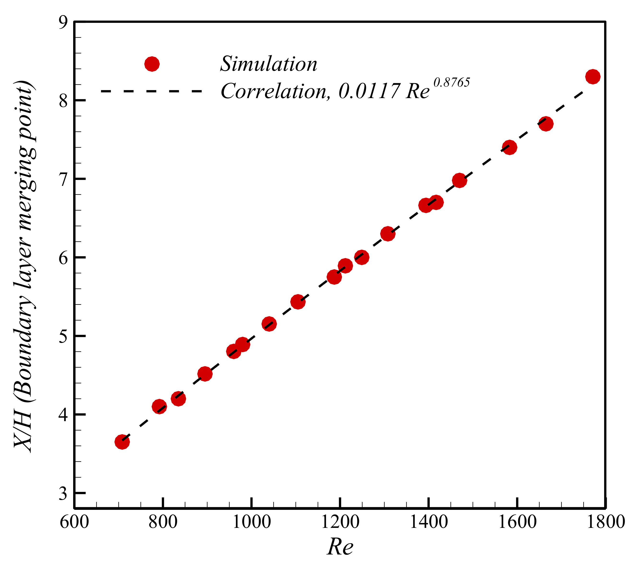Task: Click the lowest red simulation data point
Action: coord(122,442)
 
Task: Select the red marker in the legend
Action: coord(152,64)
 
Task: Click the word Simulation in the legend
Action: coord(269,64)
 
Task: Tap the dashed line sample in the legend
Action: coord(152,91)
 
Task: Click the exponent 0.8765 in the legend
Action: coord(452,83)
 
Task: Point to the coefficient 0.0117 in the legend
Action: coord(369,91)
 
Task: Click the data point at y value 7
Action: coord(459,181)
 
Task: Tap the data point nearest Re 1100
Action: coord(298,301)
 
